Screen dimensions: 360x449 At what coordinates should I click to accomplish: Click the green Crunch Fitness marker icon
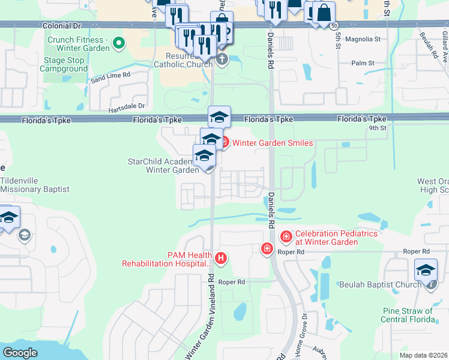[x=119, y=43]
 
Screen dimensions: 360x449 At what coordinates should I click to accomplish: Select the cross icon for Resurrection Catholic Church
[x=222, y=59]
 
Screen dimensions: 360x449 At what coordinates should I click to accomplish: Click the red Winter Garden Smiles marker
[x=224, y=142]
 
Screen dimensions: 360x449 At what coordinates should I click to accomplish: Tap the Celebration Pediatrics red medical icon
[x=286, y=237]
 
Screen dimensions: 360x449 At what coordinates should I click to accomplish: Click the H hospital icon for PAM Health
[x=221, y=258]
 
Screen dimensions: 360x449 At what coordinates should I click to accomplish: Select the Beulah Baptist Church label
[x=379, y=284]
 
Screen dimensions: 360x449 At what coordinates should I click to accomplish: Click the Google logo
[x=20, y=353]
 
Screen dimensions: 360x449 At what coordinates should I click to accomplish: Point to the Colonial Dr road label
[x=61, y=26]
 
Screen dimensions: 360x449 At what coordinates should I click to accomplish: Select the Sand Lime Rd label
[x=110, y=76]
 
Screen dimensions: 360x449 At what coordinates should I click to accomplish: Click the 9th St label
[x=378, y=127]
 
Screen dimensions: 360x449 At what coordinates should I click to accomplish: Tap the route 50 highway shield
[x=333, y=26]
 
